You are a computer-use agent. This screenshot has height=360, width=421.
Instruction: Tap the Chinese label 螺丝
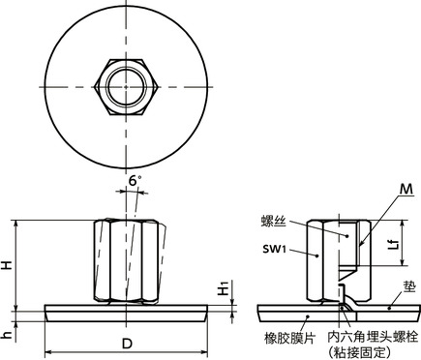pyautogui.click(x=275, y=222)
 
